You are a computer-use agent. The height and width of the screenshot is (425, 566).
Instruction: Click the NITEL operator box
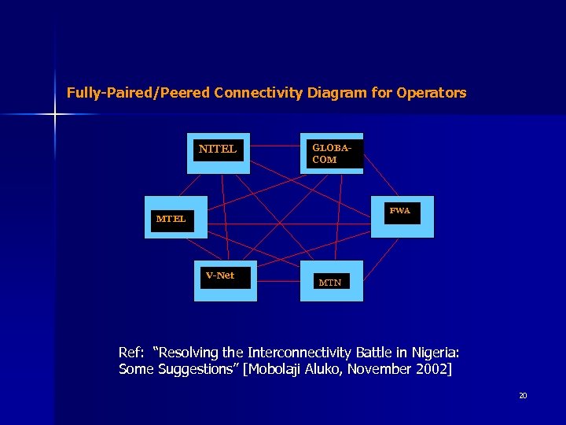coord(221,153)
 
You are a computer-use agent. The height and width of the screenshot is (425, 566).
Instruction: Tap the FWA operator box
coord(401,216)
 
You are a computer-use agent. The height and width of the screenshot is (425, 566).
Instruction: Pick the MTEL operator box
coord(177,217)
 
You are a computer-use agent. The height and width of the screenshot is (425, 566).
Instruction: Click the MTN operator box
coord(332,281)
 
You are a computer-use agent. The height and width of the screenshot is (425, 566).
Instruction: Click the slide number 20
coord(523,395)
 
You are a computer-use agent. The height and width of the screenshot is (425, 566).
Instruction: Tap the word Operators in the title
coord(432,93)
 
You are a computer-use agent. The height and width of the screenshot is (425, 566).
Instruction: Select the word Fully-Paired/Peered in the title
coord(138,93)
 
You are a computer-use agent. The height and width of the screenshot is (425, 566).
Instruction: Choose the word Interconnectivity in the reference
coord(297,351)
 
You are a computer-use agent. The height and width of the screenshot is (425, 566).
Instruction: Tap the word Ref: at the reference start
coord(131,351)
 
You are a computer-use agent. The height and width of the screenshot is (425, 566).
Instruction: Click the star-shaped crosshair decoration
coord(55,115)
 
